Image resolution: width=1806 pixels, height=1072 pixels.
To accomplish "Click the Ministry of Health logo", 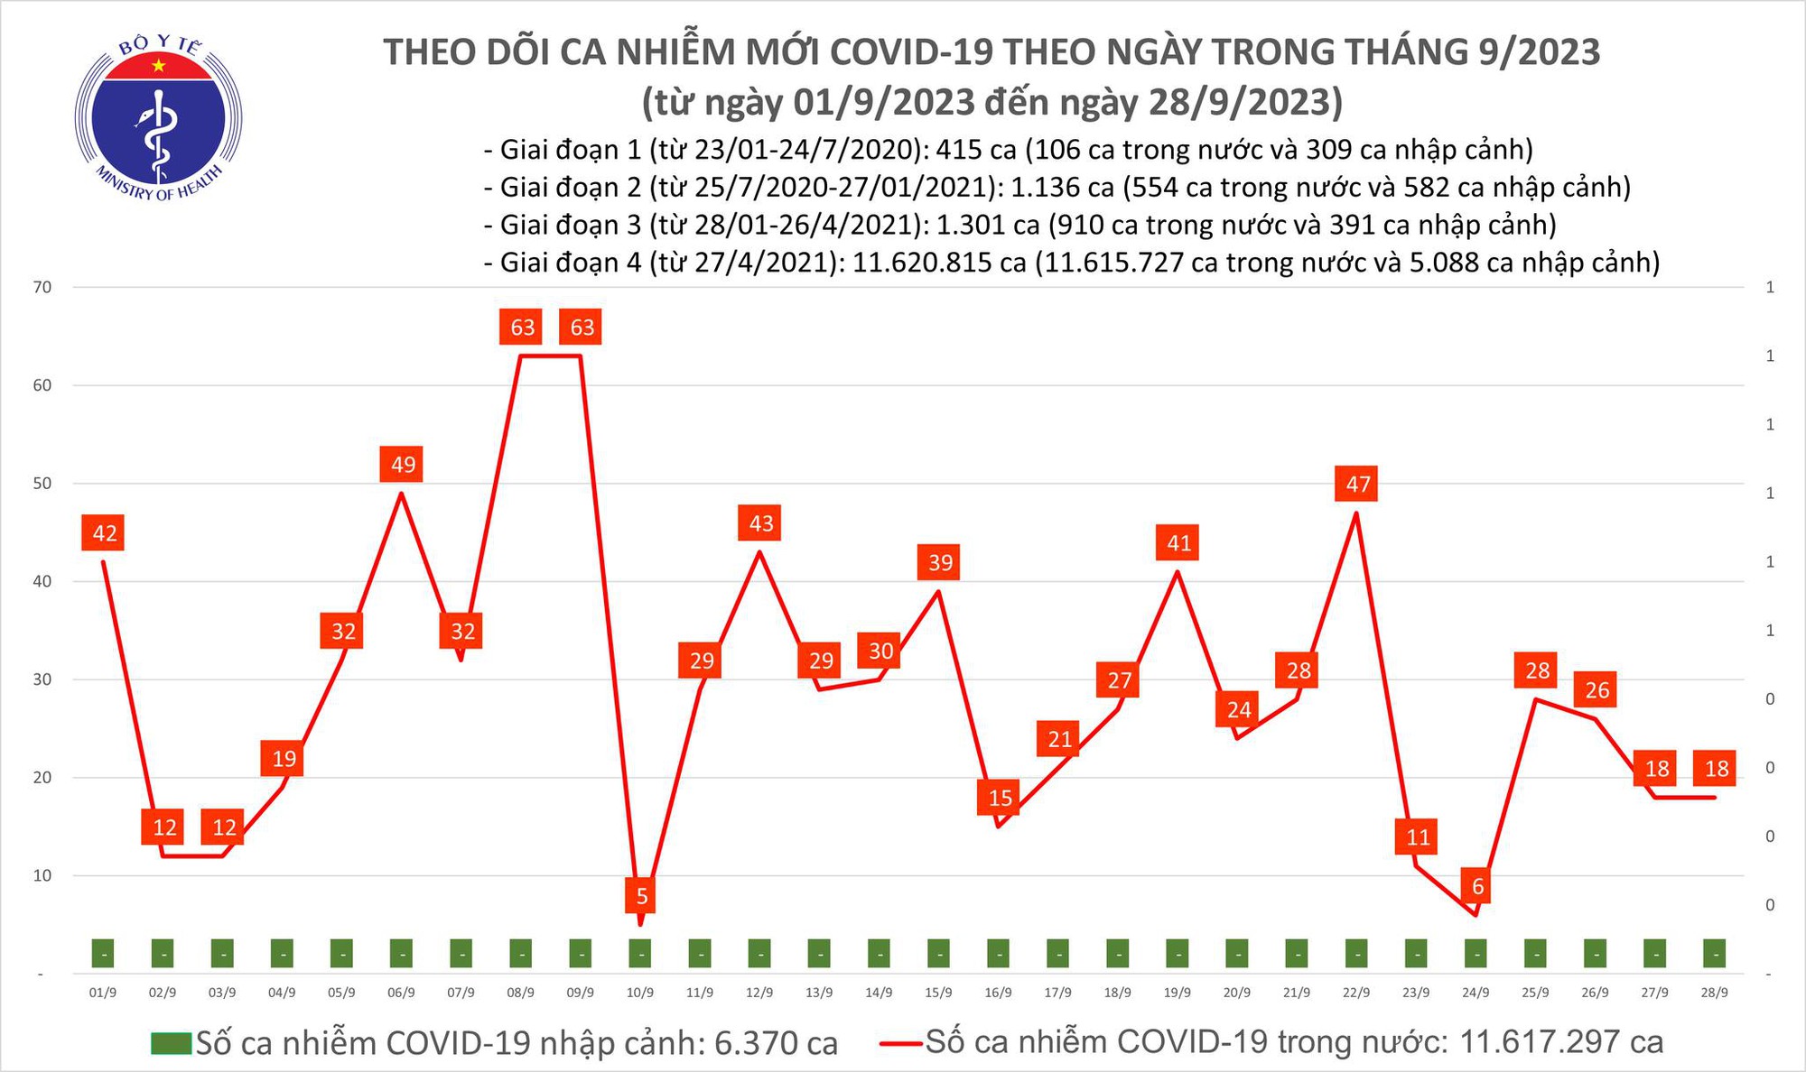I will (158, 118).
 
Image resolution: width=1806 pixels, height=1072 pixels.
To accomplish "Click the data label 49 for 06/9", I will (403, 465).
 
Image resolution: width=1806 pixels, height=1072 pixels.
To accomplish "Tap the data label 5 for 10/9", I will (641, 896).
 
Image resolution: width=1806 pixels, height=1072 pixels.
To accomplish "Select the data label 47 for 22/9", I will (1357, 485).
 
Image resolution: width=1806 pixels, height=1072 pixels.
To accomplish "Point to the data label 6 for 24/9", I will (1477, 886).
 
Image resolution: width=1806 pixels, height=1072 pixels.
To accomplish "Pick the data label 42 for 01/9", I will (105, 533).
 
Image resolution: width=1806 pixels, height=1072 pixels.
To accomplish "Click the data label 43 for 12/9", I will (761, 523).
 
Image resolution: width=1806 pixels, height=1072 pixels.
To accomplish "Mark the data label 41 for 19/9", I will (1178, 543).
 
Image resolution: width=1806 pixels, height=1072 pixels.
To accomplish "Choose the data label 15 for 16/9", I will (1000, 798).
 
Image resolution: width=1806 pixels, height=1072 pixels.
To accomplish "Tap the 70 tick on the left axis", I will (42, 288).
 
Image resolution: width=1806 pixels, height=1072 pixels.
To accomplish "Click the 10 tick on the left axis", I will (42, 875).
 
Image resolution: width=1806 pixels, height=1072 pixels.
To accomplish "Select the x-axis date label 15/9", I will (938, 993).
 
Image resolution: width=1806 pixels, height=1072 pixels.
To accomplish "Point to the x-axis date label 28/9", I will (1714, 993).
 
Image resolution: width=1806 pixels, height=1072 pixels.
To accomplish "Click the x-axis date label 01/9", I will (103, 993).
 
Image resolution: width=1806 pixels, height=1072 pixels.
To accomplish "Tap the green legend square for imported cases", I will (172, 1043).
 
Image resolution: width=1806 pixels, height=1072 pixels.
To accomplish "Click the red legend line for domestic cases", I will (900, 1043).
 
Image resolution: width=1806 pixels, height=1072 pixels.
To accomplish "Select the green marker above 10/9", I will (640, 953).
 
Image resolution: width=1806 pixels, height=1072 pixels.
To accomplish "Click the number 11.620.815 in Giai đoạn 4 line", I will (939, 263).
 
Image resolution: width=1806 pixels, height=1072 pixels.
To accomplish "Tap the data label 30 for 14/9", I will (880, 651).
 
